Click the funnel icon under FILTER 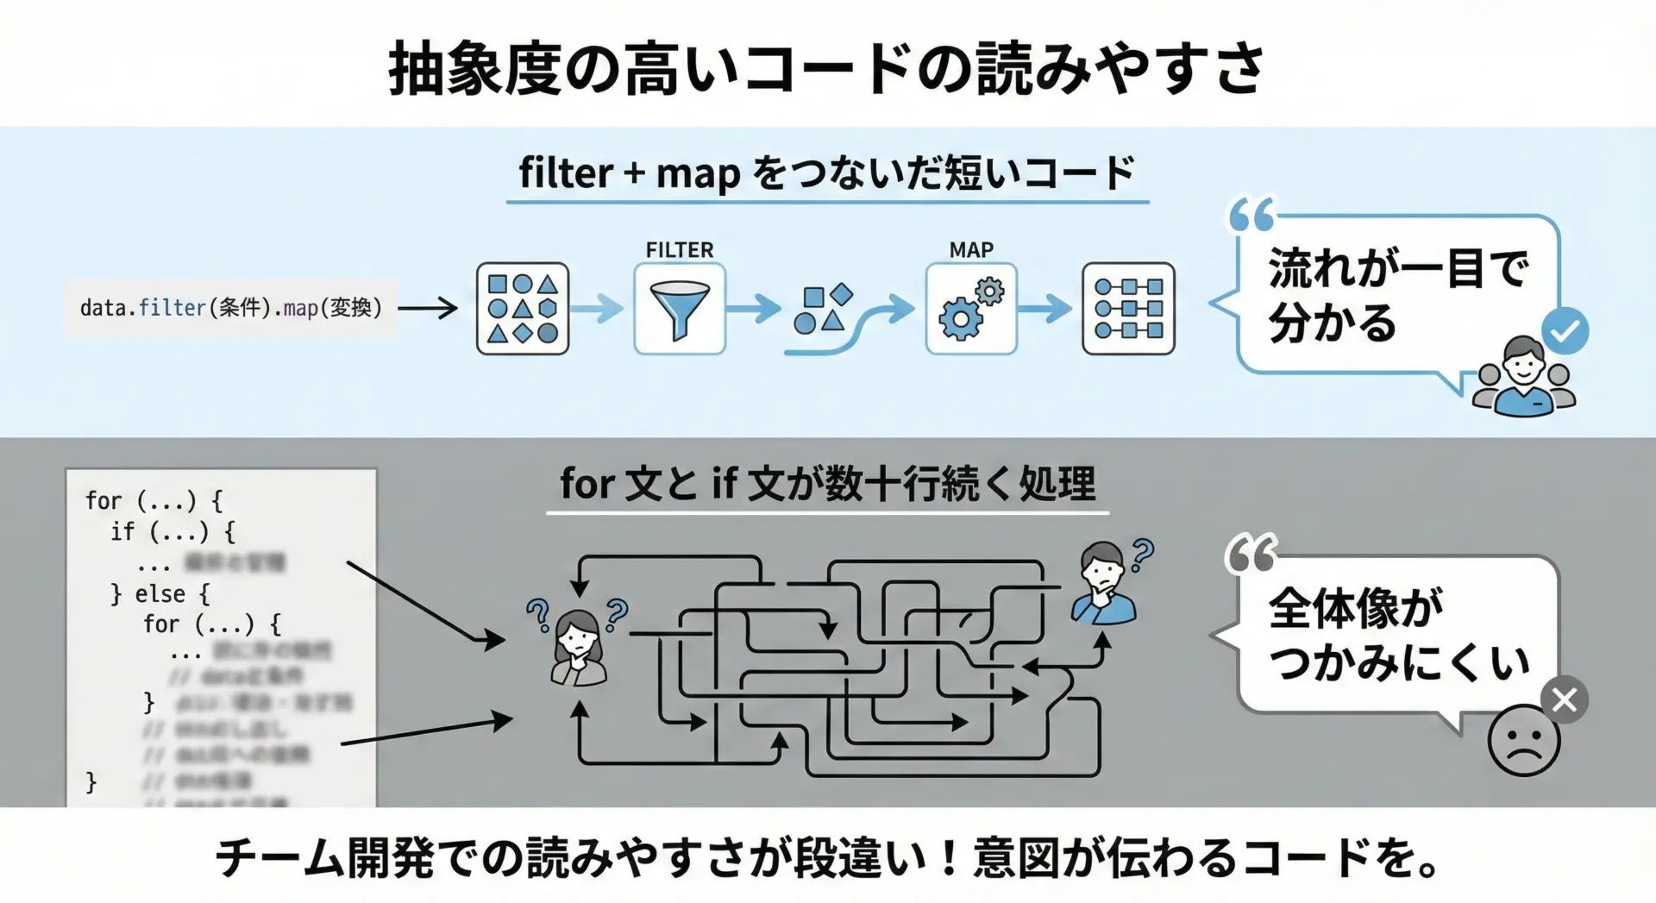coord(680,310)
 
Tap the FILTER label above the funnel coord(680,250)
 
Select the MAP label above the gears coord(971,250)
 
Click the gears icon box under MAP coord(971,310)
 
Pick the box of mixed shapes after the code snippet coord(523,309)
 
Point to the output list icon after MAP coord(1128,309)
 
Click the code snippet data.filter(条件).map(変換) coord(231,308)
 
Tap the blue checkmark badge coord(1565,330)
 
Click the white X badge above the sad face coord(1564,699)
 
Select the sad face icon coord(1523,741)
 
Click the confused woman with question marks coord(578,647)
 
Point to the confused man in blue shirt coord(1103,584)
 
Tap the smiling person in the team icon coord(1524,377)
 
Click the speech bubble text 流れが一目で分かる coord(1396,295)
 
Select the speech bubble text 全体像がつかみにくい coord(1398,635)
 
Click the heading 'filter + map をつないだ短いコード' coord(826,173)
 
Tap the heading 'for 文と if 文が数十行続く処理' coord(827,483)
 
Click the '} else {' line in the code coord(160,594)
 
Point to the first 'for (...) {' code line coord(154,500)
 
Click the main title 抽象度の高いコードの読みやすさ coord(826,69)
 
